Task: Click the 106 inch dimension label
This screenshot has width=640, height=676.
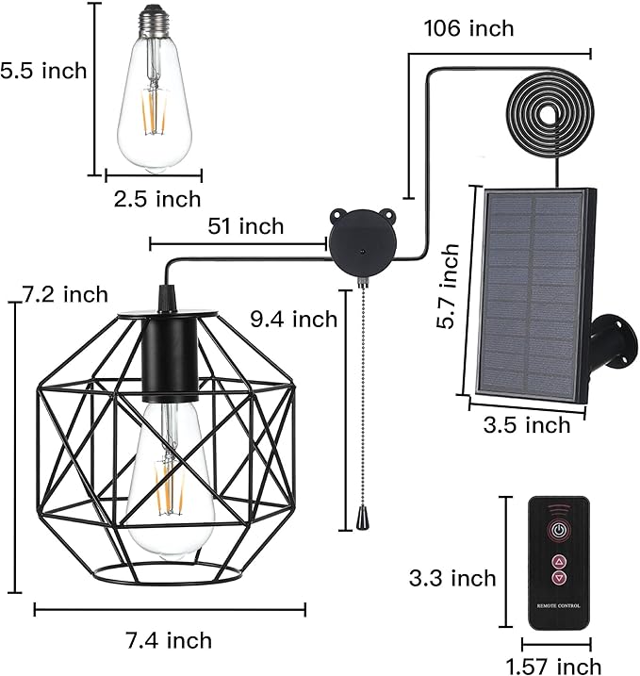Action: (468, 28)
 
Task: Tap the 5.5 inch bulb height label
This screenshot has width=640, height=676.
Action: (43, 70)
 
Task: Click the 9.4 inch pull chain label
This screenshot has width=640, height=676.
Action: (292, 320)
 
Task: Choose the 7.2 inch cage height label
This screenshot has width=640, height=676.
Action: (63, 295)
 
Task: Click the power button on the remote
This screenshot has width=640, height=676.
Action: (559, 529)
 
